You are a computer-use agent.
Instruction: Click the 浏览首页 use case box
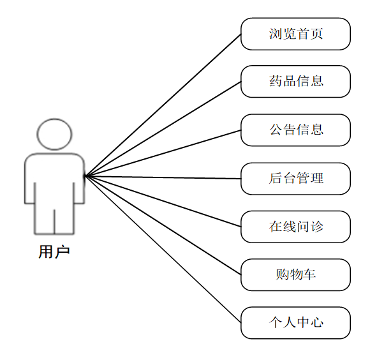click(x=295, y=34)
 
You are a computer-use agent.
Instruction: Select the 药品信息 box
click(x=295, y=82)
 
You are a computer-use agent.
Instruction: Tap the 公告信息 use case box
click(x=295, y=130)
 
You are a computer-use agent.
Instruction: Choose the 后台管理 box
click(x=295, y=179)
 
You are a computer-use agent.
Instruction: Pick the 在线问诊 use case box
click(x=295, y=227)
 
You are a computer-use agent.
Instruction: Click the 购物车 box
click(x=295, y=275)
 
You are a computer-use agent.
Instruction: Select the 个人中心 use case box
click(x=295, y=323)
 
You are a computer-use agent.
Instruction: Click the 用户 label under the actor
click(x=54, y=252)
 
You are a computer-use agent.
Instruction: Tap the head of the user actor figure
click(x=54, y=134)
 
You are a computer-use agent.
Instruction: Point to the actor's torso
click(x=54, y=179)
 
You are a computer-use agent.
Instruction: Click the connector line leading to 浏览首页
click(x=163, y=105)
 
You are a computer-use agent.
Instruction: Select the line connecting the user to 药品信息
click(x=163, y=128)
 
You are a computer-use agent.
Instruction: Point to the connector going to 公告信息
click(x=163, y=153)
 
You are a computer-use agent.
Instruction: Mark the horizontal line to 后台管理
click(x=163, y=177)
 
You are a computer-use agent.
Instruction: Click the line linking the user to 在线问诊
click(x=163, y=201)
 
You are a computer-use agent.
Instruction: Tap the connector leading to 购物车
click(x=163, y=225)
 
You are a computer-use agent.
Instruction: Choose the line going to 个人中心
click(x=163, y=249)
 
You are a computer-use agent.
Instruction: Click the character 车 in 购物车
click(x=309, y=275)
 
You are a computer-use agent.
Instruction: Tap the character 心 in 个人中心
click(x=317, y=323)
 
